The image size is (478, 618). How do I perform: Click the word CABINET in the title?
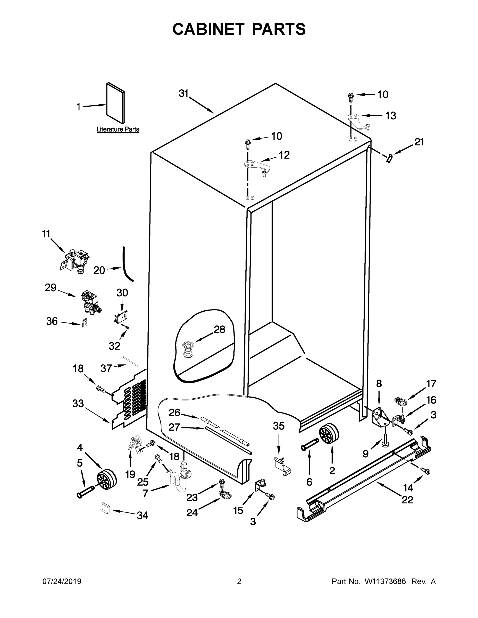(208, 29)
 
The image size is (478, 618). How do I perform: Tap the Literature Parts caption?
(118, 129)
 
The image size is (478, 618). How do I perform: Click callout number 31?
(183, 93)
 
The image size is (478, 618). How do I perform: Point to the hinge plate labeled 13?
(357, 121)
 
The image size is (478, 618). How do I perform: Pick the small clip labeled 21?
(390, 158)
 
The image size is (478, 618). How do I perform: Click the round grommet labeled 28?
(186, 350)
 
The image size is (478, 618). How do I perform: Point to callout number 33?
(78, 404)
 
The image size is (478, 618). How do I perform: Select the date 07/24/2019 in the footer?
(62, 581)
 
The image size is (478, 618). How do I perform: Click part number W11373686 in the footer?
(385, 581)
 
